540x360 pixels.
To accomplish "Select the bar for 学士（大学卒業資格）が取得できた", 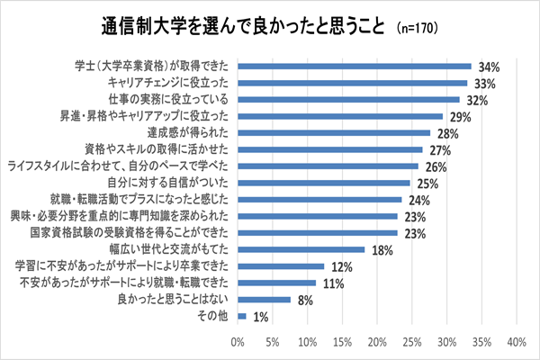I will [355, 66].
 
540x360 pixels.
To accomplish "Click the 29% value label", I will [462, 115].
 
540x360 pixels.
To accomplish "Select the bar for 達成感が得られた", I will [334, 132].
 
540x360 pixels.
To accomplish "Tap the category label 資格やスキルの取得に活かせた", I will [160, 149].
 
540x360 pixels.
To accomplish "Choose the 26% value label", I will [437, 166].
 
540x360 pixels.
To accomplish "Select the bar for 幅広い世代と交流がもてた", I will [301, 249].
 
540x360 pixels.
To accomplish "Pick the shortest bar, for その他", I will [242, 316].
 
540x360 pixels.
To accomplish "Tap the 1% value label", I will [262, 317].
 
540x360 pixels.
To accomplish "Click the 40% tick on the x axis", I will [517, 342].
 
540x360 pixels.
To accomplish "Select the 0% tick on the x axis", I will [238, 342].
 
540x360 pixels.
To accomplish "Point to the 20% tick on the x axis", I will [377, 342].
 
